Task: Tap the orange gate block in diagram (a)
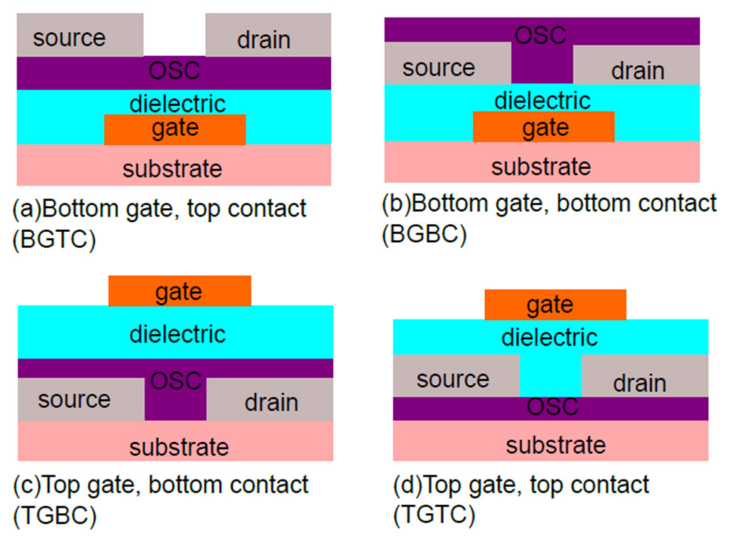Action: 175,130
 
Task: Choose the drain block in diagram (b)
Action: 636,66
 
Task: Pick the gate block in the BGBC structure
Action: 544,127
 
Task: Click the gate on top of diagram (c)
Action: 180,291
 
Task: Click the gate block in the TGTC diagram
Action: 555,305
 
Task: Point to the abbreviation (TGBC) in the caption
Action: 55,516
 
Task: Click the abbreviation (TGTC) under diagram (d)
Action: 434,515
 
